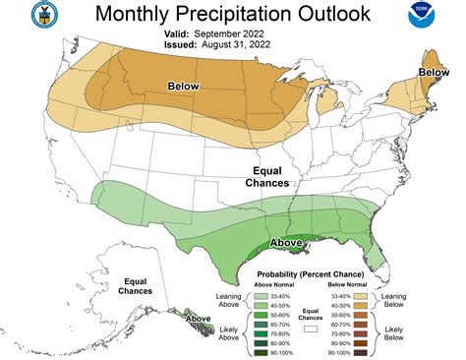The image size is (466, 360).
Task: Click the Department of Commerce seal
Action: pos(17,17)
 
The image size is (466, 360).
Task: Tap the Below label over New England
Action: pos(434,72)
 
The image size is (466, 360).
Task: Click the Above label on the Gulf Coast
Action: pos(286,242)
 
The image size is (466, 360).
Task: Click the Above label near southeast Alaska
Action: pos(199,319)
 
